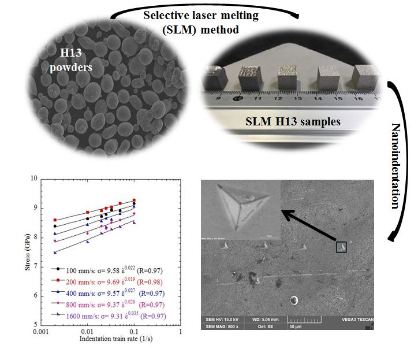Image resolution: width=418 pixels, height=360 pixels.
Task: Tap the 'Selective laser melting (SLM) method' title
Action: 200,22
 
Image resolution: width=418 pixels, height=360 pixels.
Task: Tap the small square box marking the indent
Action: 342,247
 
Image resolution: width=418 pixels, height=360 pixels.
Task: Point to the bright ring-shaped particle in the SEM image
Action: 294,300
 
